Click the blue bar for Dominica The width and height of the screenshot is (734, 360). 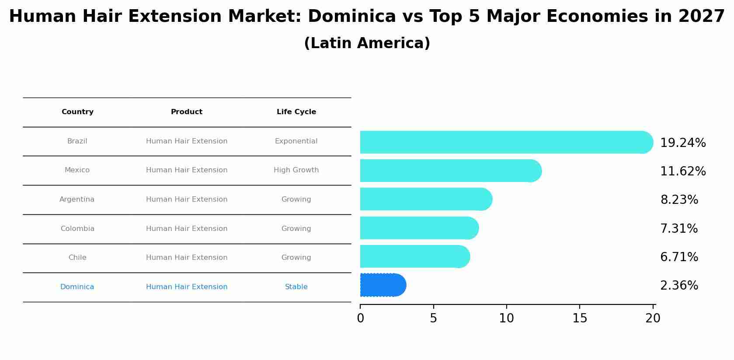[383, 285]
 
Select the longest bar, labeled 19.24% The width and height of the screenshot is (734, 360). [506, 142]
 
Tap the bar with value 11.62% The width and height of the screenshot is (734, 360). [450, 171]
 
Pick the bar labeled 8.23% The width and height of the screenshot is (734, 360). [426, 199]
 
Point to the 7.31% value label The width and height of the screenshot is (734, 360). [678, 229]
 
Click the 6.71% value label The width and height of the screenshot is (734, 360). [678, 257]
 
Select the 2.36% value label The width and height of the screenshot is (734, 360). [678, 286]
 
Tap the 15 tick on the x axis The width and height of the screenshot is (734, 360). [580, 318]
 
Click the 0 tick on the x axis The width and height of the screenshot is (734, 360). [360, 318]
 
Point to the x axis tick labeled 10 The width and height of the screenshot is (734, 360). [506, 318]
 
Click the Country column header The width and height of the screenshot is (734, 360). [77, 112]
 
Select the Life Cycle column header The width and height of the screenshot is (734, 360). [296, 112]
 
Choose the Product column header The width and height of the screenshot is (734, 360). [187, 112]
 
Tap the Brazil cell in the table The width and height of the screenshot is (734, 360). [77, 141]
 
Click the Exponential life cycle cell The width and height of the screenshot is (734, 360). [296, 141]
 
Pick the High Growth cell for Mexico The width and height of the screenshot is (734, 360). [296, 170]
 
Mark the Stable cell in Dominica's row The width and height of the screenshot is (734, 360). [296, 287]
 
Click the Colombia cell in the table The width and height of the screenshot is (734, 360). [77, 229]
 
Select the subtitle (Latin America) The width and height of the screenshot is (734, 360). [367, 43]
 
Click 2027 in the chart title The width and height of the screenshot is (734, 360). [701, 17]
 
